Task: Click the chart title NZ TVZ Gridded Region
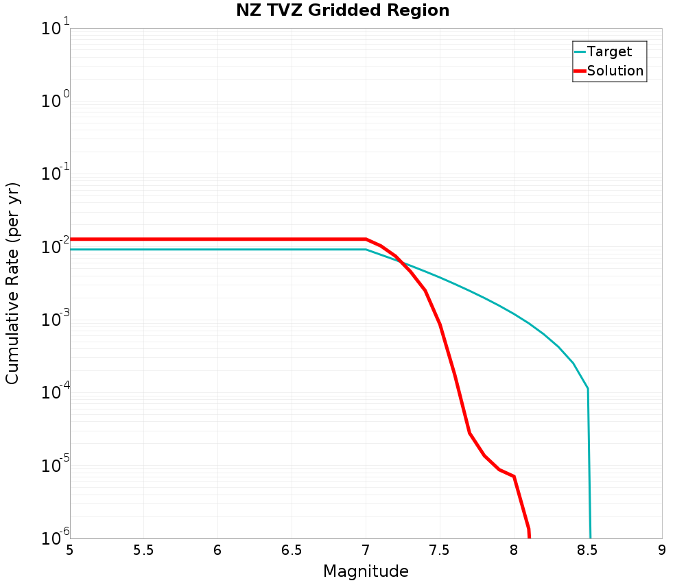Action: (342, 10)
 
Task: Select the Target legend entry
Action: (609, 51)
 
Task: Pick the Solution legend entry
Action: (615, 71)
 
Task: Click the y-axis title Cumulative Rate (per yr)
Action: (13, 283)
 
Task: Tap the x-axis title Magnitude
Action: (366, 571)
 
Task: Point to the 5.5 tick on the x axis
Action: (143, 550)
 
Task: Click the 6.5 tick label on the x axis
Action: (292, 550)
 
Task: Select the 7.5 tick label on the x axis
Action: (440, 550)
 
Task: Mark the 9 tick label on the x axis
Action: (662, 550)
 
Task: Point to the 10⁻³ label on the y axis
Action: (54, 320)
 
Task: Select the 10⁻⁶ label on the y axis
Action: (54, 537)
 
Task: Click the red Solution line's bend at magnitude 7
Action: (366, 239)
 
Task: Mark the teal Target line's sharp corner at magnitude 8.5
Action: (588, 389)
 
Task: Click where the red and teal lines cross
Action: (403, 263)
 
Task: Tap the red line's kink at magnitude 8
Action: (514, 477)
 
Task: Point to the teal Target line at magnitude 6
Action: (217, 250)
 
